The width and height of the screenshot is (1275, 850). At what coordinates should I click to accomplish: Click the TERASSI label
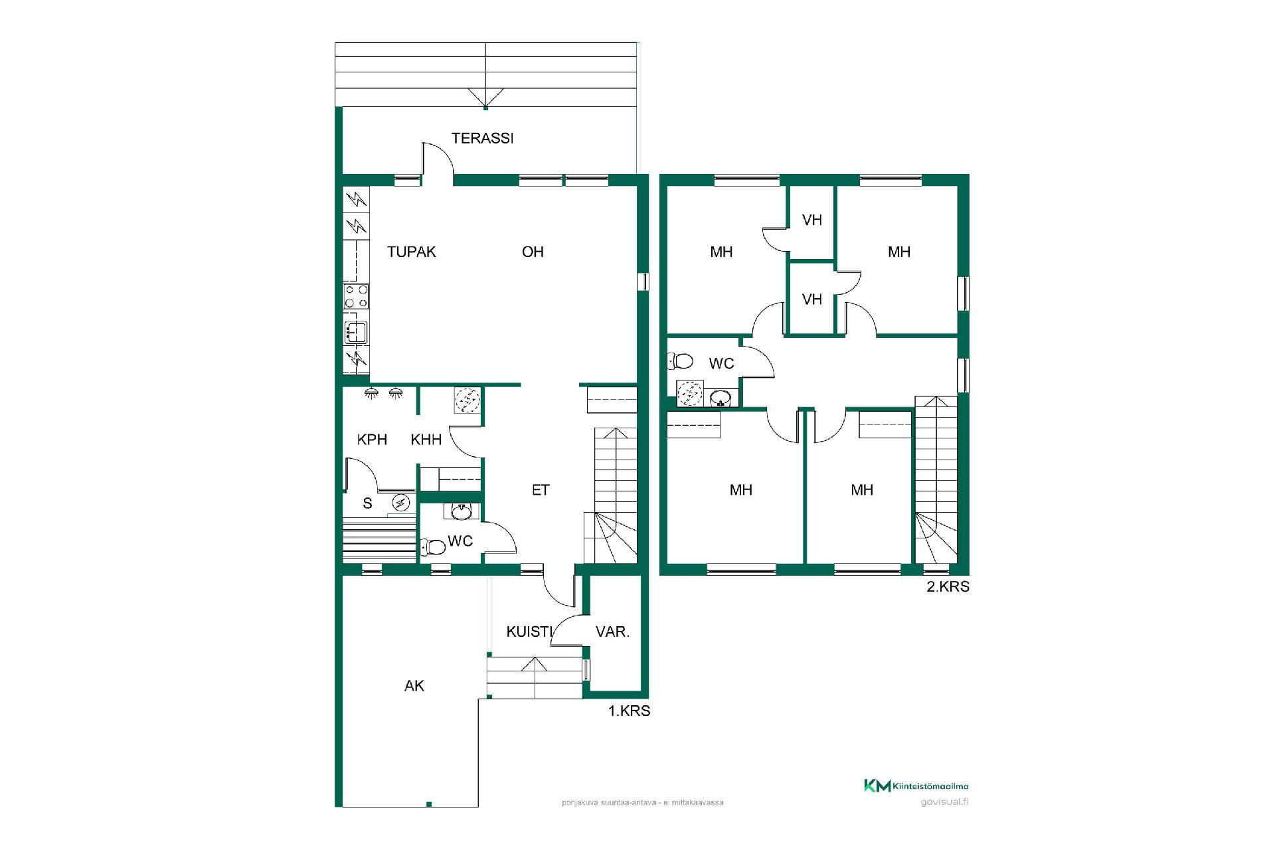pyautogui.click(x=482, y=138)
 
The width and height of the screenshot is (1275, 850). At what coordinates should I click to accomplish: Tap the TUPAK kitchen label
pyautogui.click(x=412, y=252)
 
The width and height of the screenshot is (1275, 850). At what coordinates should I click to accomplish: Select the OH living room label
pyautogui.click(x=533, y=252)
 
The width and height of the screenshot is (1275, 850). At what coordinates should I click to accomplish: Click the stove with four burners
pyautogui.click(x=357, y=296)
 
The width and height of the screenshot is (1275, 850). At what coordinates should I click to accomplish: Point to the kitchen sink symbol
pyautogui.click(x=356, y=332)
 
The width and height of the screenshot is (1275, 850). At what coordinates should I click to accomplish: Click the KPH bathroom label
pyautogui.click(x=372, y=439)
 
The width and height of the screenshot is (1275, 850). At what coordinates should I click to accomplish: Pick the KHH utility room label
pyautogui.click(x=426, y=439)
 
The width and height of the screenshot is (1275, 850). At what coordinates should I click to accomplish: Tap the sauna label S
pyautogui.click(x=367, y=503)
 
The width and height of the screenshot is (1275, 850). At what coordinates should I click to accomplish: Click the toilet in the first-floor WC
pyautogui.click(x=433, y=547)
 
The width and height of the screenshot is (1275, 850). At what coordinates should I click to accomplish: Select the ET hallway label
pyautogui.click(x=541, y=489)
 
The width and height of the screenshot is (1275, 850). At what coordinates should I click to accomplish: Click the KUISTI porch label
pyautogui.click(x=529, y=632)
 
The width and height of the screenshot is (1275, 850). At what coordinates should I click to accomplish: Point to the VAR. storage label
pyautogui.click(x=612, y=632)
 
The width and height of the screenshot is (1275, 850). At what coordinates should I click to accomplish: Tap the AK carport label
pyautogui.click(x=414, y=685)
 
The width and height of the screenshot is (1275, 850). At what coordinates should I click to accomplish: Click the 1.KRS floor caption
pyautogui.click(x=629, y=711)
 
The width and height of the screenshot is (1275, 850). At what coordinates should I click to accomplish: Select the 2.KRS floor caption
pyautogui.click(x=948, y=586)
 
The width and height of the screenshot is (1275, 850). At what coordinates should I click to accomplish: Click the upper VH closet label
pyautogui.click(x=811, y=220)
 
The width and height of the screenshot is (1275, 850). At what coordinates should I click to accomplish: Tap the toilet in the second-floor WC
pyautogui.click(x=681, y=361)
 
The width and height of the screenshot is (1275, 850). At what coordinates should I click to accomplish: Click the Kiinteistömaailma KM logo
pyautogui.click(x=916, y=786)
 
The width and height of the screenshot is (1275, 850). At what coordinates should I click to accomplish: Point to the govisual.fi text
pyautogui.click(x=944, y=801)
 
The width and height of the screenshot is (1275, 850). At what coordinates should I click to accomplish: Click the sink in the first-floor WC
pyautogui.click(x=462, y=511)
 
